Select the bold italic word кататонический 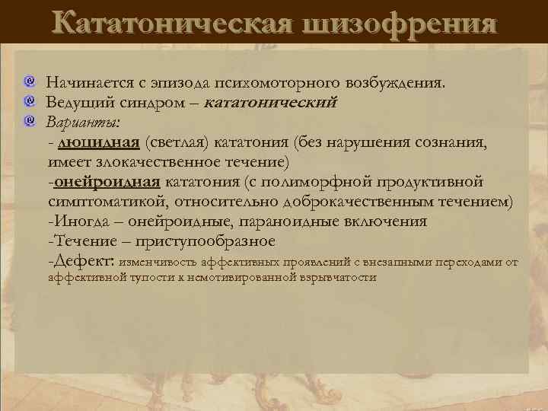pyautogui.click(x=271, y=101)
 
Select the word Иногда pyautogui.click(x=77, y=221)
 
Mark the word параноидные pyautogui.click(x=298, y=221)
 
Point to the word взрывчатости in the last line pyautogui.click(x=340, y=278)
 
